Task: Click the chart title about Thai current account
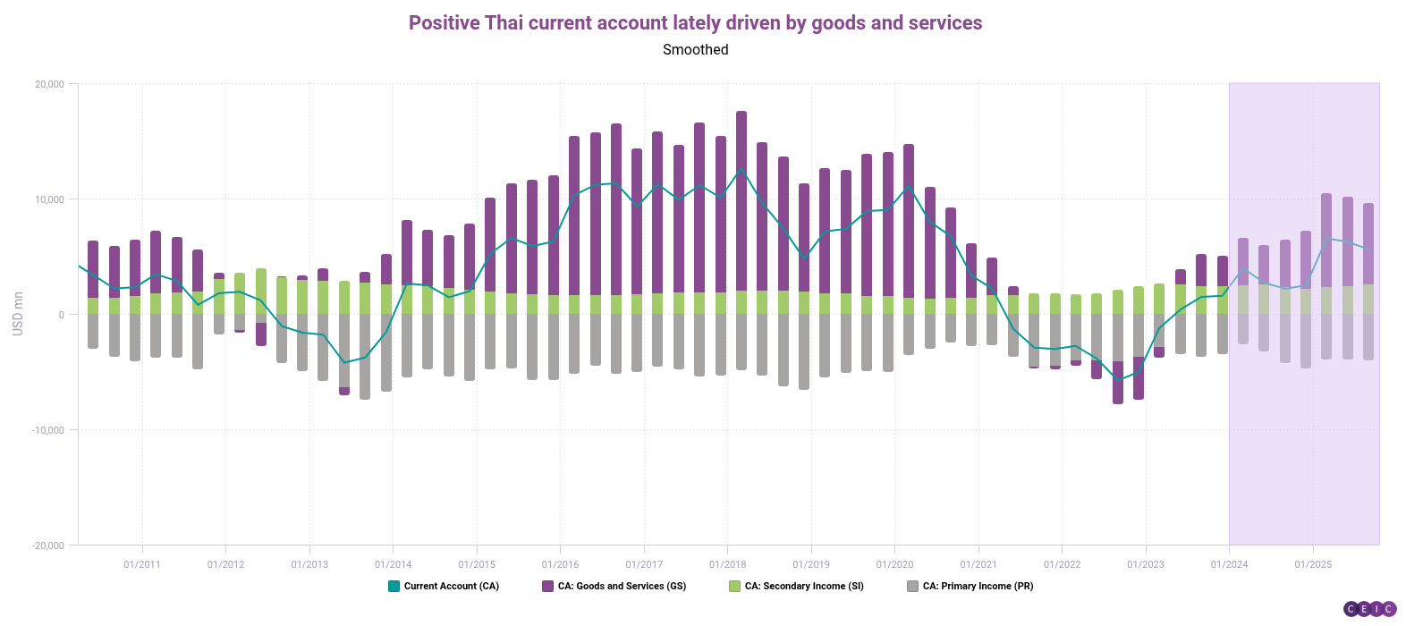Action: coord(695,23)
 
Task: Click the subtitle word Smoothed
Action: coord(695,50)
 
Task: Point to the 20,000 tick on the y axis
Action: coord(50,84)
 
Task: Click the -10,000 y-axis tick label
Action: coord(48,430)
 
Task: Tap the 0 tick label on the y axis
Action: coord(61,315)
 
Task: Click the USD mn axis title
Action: coord(18,314)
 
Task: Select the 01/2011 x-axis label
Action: coord(142,564)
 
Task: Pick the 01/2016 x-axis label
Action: coord(560,564)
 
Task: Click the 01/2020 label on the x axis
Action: coord(894,564)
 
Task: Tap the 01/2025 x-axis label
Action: coord(1313,564)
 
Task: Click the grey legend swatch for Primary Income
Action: coord(912,587)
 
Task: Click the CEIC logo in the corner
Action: coord(1369,609)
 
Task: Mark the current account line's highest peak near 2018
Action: coord(741,168)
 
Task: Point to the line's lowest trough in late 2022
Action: coord(1117,379)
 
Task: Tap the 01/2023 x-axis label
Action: coord(1146,564)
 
